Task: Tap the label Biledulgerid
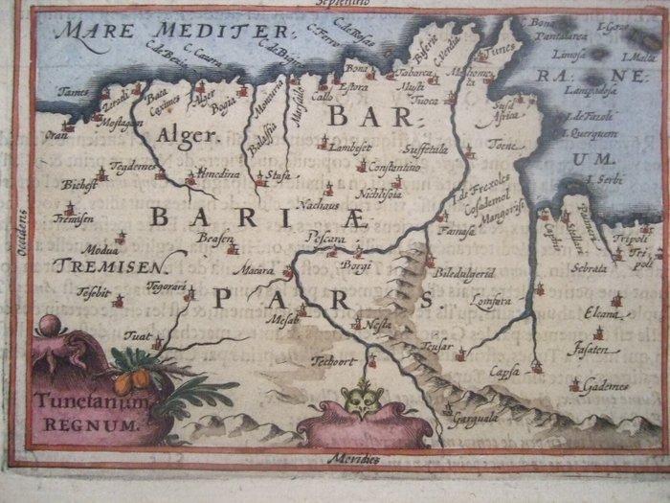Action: click(464, 274)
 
